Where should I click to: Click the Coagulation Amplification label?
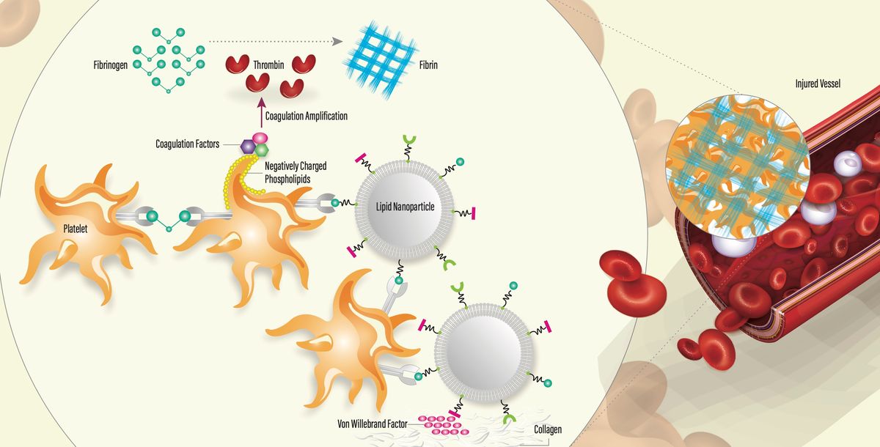(x=307, y=116)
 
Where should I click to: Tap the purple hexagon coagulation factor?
(x=248, y=147)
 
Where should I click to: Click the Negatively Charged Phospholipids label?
(x=296, y=171)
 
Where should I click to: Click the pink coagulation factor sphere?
(x=259, y=138)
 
